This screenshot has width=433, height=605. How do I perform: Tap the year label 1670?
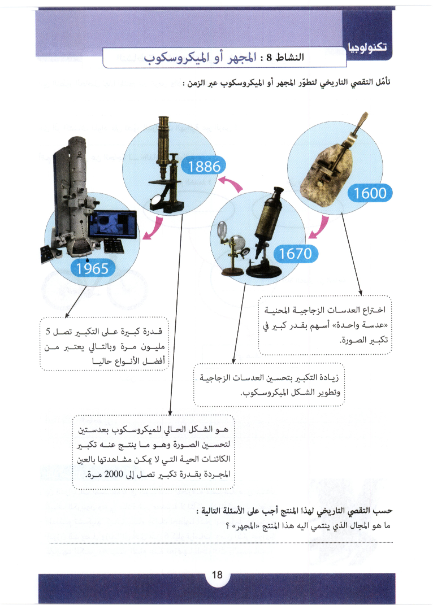coord(292,254)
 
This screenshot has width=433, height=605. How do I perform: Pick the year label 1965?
coord(92,268)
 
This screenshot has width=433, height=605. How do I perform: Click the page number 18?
coord(217,575)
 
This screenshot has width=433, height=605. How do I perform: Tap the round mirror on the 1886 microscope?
coord(154,201)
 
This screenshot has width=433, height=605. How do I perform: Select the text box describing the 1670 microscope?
coord(269,385)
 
